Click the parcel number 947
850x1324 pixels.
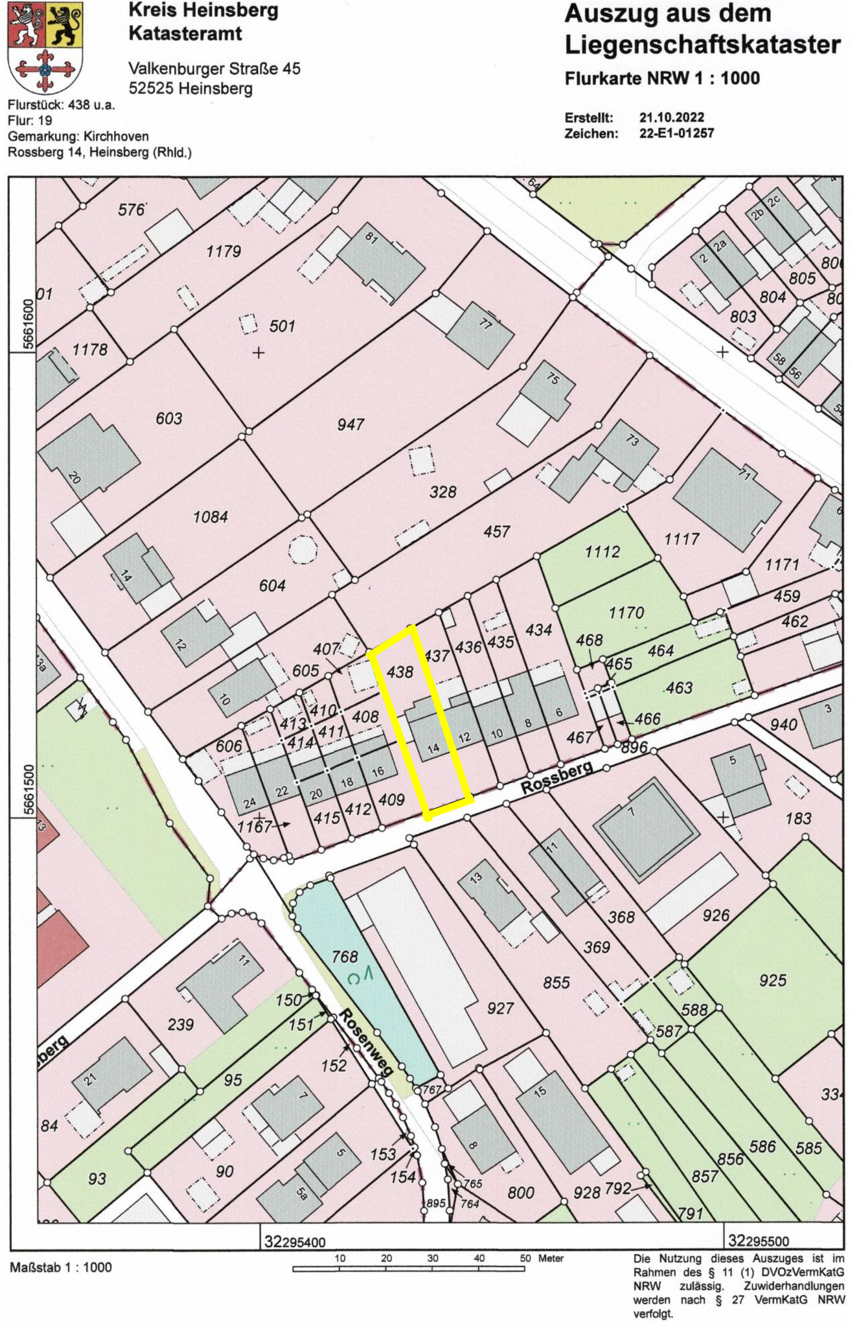coord(351,424)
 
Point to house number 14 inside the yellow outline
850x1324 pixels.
coord(434,748)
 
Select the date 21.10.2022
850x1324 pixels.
coord(671,117)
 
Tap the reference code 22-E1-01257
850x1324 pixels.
coord(677,133)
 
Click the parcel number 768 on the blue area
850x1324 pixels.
coord(344,956)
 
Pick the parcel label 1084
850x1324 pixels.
coord(211,517)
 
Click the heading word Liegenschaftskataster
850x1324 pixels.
coord(702,46)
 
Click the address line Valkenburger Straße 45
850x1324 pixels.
coord(214,68)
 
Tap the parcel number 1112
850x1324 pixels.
coord(602,552)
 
